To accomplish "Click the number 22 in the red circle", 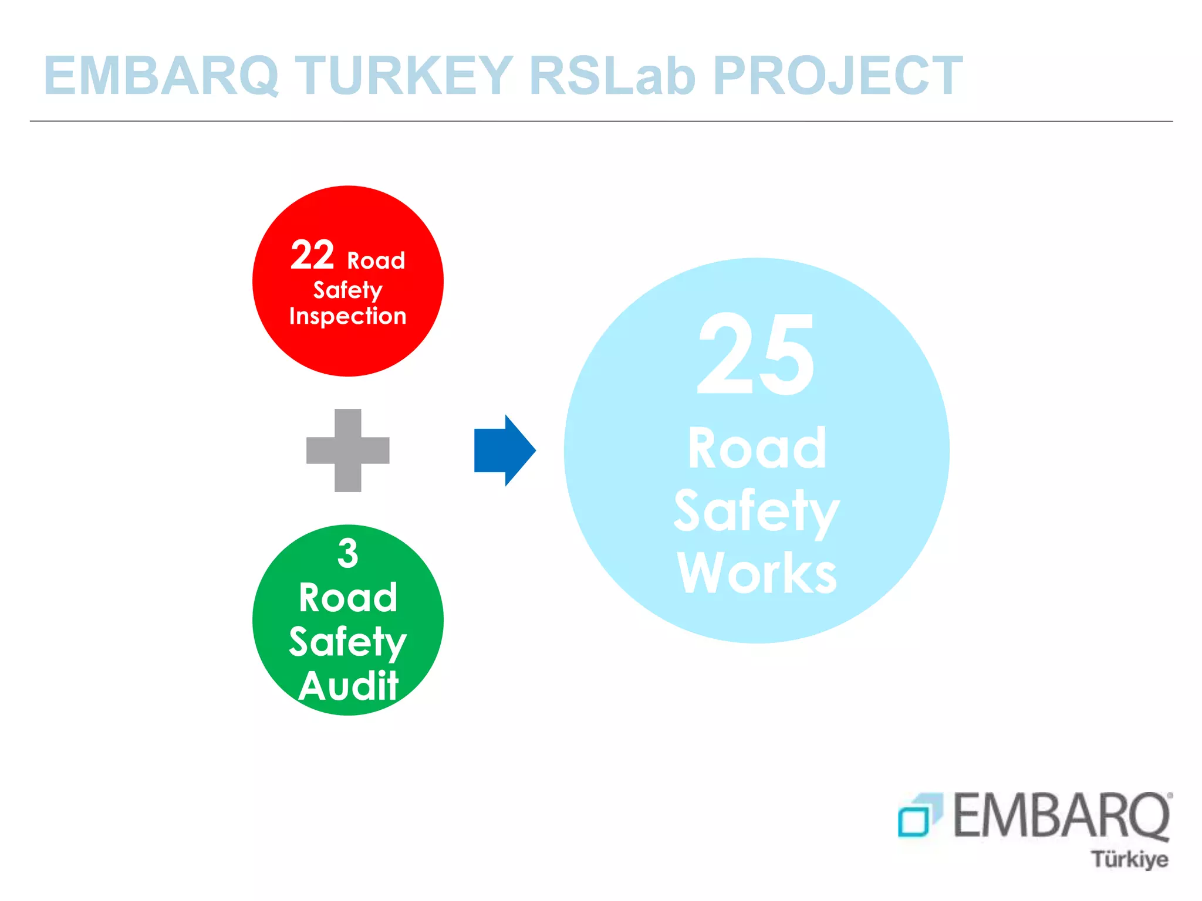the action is tap(312, 255).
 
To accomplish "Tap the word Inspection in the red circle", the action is tap(347, 316).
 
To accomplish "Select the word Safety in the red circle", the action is tap(347, 290).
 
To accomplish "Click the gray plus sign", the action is tap(347, 450).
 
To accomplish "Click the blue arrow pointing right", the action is tap(504, 450).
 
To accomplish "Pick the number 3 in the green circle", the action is tap(347, 553).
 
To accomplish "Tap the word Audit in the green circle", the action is tap(349, 685).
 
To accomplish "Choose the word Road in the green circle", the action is tap(348, 598).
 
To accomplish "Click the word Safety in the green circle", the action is tap(347, 642).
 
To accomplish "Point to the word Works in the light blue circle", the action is tap(757, 573).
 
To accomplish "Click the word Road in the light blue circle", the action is tap(757, 448).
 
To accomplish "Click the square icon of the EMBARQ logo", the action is tap(919, 815).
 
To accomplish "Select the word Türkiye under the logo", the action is tap(1129, 859).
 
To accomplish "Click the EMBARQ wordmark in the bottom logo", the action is tap(1061, 815).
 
